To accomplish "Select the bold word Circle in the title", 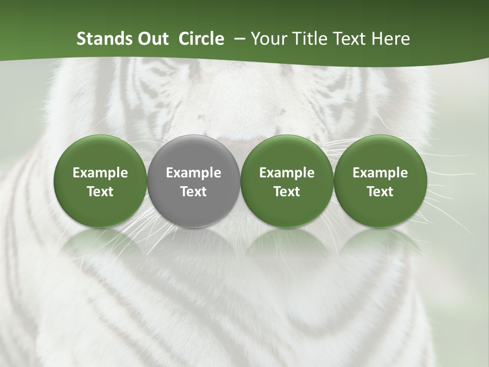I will [x=201, y=39].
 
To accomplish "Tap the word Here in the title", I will [x=390, y=39].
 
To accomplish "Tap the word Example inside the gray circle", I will [x=194, y=173].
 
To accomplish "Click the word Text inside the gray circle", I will [x=194, y=192].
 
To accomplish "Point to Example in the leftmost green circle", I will [x=100, y=173].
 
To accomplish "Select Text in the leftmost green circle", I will [x=100, y=192].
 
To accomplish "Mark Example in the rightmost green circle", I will [x=380, y=173].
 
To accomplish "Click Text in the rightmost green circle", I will [x=380, y=192].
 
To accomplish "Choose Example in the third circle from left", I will [x=287, y=173].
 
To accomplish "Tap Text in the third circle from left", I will [x=287, y=192].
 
